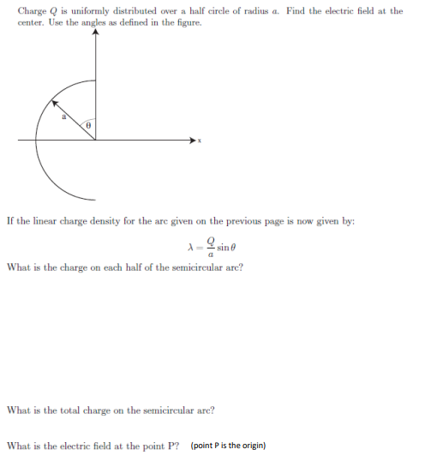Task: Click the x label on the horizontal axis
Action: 199,141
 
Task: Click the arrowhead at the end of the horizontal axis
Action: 192,139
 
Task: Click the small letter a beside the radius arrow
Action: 63,118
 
